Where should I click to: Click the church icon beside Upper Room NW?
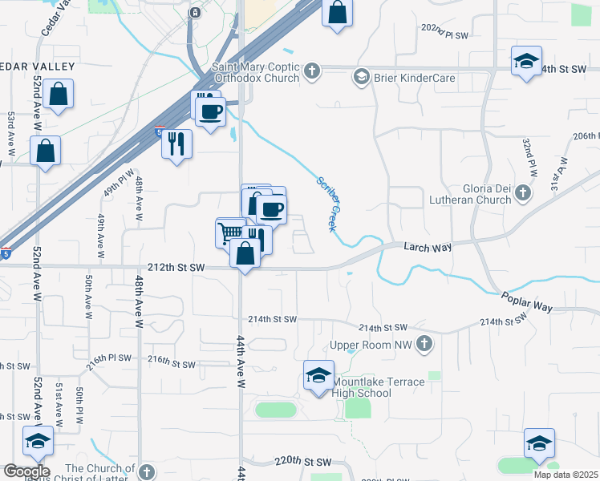click(x=424, y=345)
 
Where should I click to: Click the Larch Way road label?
click(x=423, y=249)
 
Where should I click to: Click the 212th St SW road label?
click(x=176, y=267)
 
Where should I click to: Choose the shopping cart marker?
click(x=229, y=232)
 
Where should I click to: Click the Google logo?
click(x=26, y=471)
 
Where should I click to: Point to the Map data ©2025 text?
click(x=566, y=475)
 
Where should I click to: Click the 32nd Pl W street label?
click(x=530, y=157)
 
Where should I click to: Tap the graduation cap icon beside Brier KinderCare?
click(x=361, y=78)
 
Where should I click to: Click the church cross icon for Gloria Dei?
click(x=523, y=192)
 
